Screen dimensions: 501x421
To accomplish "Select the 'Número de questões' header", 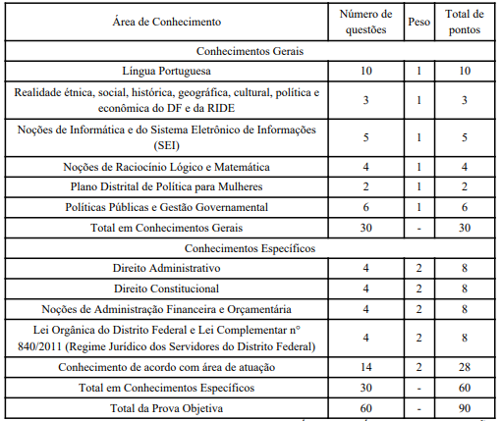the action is click(365, 21).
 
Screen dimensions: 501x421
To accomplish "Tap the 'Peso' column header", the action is click(417, 21).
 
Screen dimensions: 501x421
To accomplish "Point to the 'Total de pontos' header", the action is click(465, 21).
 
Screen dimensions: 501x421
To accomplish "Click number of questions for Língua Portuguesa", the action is click(365, 72).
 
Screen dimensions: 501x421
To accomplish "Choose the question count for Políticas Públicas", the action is click(365, 207).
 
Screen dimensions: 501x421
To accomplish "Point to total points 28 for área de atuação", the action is click(465, 366).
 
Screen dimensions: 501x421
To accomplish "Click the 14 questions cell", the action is click(365, 366).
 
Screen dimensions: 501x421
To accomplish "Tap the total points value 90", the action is click(465, 406).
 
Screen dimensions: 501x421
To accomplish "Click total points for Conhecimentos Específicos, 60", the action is click(465, 387).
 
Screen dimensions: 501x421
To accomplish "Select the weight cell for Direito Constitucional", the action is click(417, 289).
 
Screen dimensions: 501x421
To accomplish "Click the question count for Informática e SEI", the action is click(365, 138).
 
